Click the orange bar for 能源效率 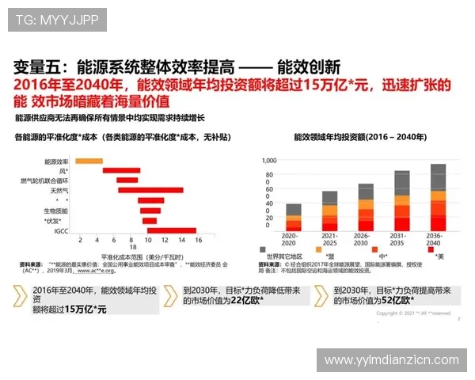[x=89, y=161]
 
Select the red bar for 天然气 [x=135, y=190]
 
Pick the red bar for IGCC [x=171, y=230]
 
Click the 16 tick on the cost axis [x=197, y=239]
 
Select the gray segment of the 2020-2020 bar [x=294, y=210]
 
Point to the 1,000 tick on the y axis [x=269, y=159]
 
